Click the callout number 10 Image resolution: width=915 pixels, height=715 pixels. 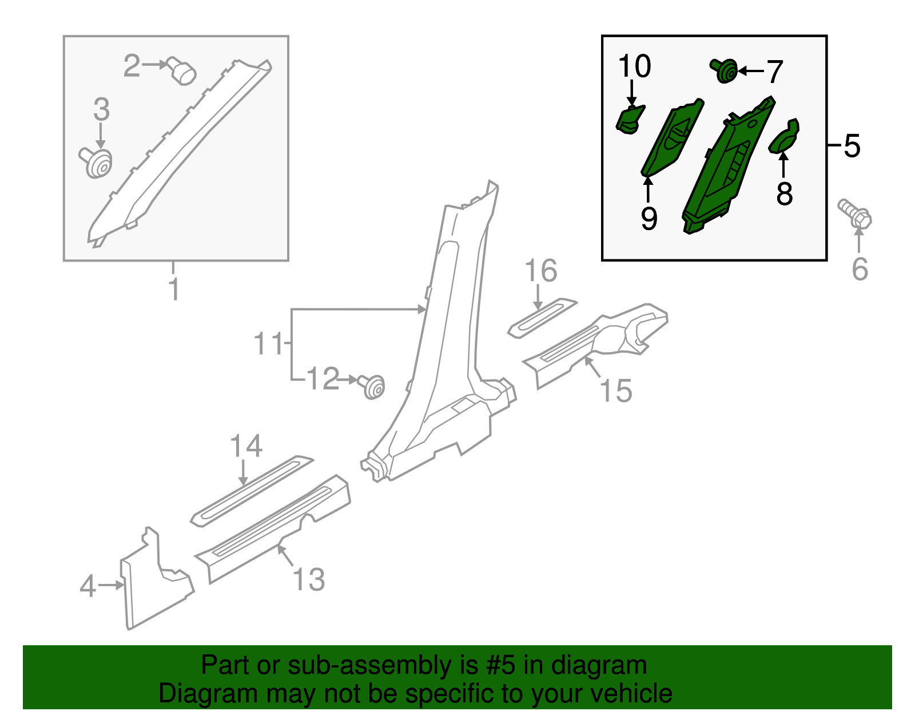point(634,66)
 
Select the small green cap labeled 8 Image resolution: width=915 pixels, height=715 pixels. point(784,136)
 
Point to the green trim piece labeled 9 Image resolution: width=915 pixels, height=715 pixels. point(671,138)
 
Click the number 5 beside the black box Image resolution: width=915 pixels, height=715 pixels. point(852,146)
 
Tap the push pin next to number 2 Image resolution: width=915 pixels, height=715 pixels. point(181,72)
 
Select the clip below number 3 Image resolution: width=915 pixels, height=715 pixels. point(97,162)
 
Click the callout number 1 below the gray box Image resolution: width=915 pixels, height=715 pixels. point(174,289)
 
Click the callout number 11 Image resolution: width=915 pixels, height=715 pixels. point(268,343)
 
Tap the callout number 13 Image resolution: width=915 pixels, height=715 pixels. point(309,579)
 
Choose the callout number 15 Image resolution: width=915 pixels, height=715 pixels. point(615,391)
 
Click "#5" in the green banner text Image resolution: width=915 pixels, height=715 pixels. point(500,666)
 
